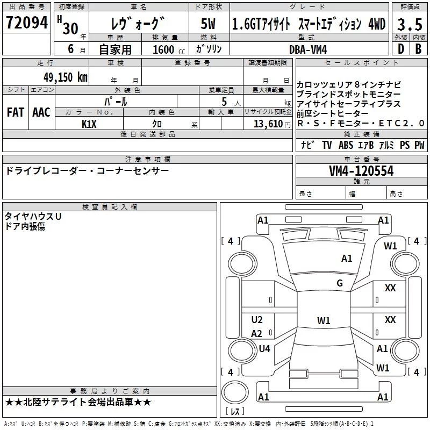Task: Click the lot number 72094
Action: click(x=26, y=23)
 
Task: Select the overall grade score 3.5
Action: click(x=410, y=24)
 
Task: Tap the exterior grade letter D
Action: click(x=400, y=49)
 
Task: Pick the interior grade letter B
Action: click(x=418, y=49)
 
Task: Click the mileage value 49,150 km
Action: click(x=66, y=77)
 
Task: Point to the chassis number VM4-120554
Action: click(x=361, y=171)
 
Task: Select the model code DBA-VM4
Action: click(x=308, y=49)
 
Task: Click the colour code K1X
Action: click(x=89, y=124)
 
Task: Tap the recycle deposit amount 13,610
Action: click(x=268, y=124)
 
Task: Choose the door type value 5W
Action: click(x=208, y=24)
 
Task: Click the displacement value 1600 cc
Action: click(x=169, y=49)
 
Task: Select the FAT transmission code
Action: click(x=16, y=112)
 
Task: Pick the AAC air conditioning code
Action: click(x=41, y=112)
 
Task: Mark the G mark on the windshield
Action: click(x=340, y=283)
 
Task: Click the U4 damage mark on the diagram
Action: click(x=264, y=348)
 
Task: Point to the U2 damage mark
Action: click(x=257, y=319)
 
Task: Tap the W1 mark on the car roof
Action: click(x=324, y=320)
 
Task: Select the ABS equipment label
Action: click(x=346, y=145)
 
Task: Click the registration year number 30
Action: click(x=70, y=28)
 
